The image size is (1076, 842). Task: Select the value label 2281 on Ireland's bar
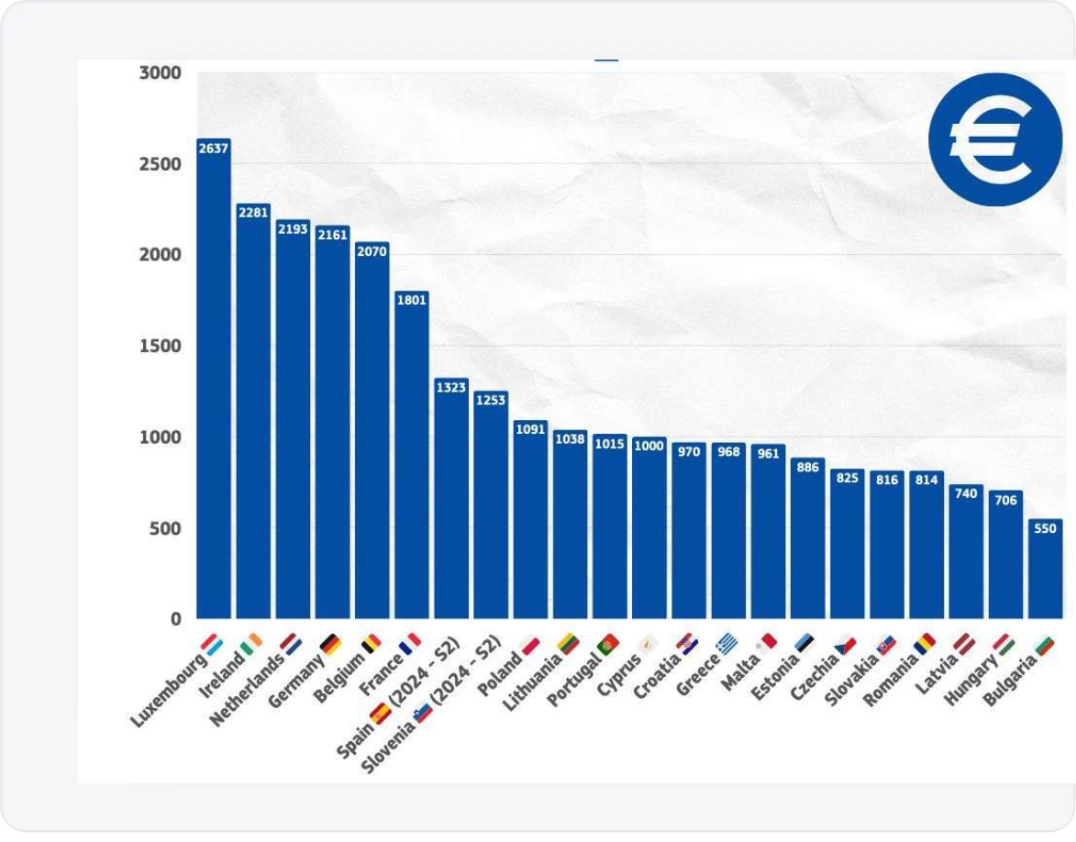click(253, 212)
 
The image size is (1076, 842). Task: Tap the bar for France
click(411, 459)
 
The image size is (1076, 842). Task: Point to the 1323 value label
click(450, 387)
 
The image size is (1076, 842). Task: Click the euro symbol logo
click(994, 139)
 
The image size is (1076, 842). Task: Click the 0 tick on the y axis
click(173, 619)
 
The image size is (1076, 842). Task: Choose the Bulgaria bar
click(1045, 571)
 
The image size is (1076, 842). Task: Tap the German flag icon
click(330, 645)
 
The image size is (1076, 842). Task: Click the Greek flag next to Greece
click(727, 642)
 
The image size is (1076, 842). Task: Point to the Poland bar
click(530, 523)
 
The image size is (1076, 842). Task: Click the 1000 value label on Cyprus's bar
click(649, 445)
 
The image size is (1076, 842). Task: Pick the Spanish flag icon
click(380, 713)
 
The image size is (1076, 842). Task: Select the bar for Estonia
click(807, 541)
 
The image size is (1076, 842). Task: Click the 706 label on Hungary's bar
click(1005, 500)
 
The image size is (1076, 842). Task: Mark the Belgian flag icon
click(371, 643)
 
